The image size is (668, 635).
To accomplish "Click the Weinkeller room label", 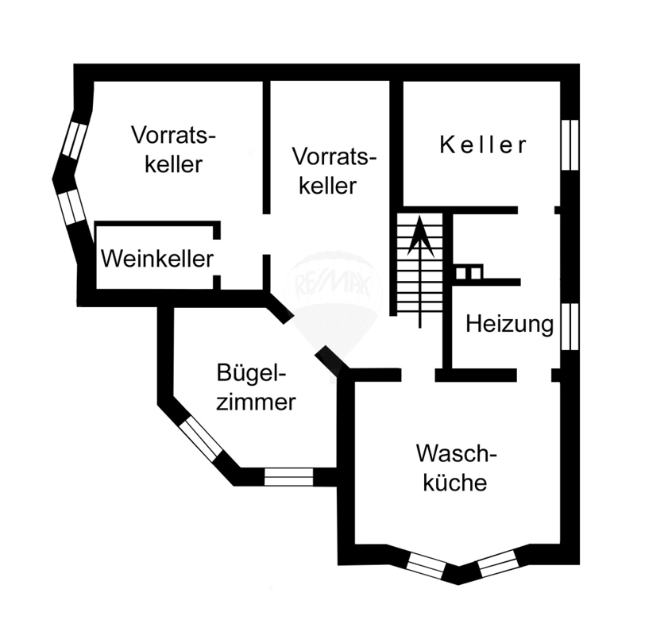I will pyautogui.click(x=157, y=259).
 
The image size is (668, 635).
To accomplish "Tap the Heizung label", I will pyautogui.click(x=509, y=324).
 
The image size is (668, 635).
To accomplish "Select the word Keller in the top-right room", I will pyautogui.click(x=483, y=145).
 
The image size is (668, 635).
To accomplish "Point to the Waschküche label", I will pyautogui.click(x=455, y=468).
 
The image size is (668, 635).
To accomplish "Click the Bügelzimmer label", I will pyautogui.click(x=256, y=387).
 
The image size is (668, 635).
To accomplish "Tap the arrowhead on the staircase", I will pyautogui.click(x=419, y=235).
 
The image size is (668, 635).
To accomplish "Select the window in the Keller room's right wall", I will pyautogui.click(x=570, y=144).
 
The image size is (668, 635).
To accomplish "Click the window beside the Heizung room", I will pyautogui.click(x=570, y=325).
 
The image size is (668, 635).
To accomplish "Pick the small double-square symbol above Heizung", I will pyautogui.click(x=469, y=272).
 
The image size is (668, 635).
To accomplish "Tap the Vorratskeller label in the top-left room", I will pyautogui.click(x=174, y=148).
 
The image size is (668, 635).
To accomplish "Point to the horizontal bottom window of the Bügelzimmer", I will pyautogui.click(x=288, y=476).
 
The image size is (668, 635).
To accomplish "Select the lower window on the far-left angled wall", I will pyautogui.click(x=71, y=206).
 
